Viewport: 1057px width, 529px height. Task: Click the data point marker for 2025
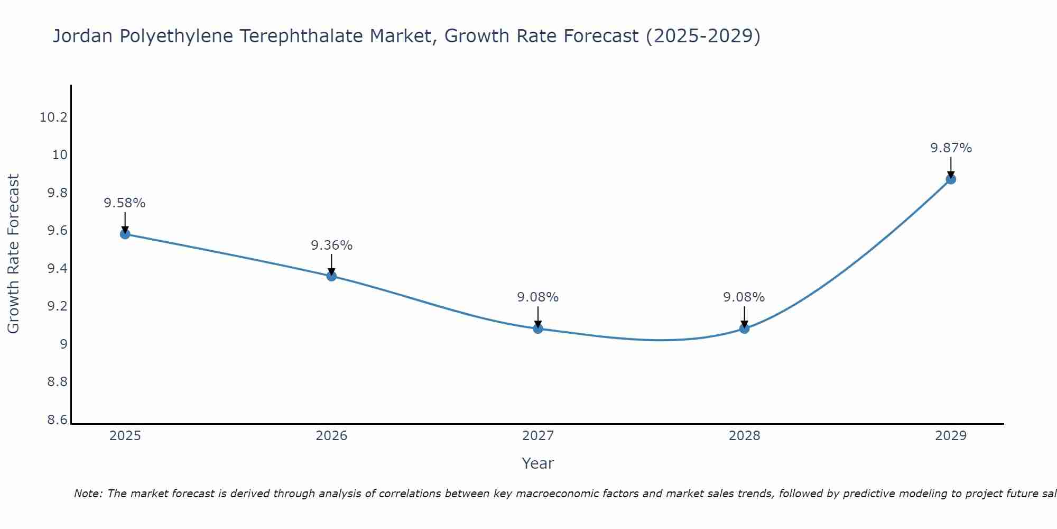pyautogui.click(x=125, y=234)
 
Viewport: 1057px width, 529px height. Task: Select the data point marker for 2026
pyautogui.click(x=331, y=276)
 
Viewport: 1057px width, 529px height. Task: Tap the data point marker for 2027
pyautogui.click(x=538, y=329)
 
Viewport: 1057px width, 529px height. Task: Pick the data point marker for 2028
pyautogui.click(x=744, y=329)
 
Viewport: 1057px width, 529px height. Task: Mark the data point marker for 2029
pyautogui.click(x=951, y=179)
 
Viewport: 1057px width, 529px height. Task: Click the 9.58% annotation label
pyautogui.click(x=125, y=203)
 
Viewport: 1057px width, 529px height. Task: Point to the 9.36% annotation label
pyautogui.click(x=331, y=245)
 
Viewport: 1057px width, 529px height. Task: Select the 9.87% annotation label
pyautogui.click(x=951, y=148)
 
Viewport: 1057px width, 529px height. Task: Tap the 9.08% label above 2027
pyautogui.click(x=538, y=297)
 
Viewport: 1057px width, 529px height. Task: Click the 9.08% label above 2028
pyautogui.click(x=744, y=297)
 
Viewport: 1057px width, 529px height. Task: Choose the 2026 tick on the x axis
pyautogui.click(x=331, y=436)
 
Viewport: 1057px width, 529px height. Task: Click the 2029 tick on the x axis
pyautogui.click(x=951, y=436)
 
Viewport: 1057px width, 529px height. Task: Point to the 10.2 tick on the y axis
pyautogui.click(x=54, y=117)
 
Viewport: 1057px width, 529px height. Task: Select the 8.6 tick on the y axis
pyautogui.click(x=58, y=420)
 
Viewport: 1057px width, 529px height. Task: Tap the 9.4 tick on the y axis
pyautogui.click(x=58, y=269)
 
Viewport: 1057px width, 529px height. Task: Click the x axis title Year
pyautogui.click(x=537, y=463)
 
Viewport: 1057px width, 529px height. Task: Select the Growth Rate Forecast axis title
pyautogui.click(x=13, y=253)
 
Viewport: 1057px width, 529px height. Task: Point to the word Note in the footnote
pyautogui.click(x=88, y=494)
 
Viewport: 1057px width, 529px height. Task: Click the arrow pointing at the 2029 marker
pyautogui.click(x=951, y=167)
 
